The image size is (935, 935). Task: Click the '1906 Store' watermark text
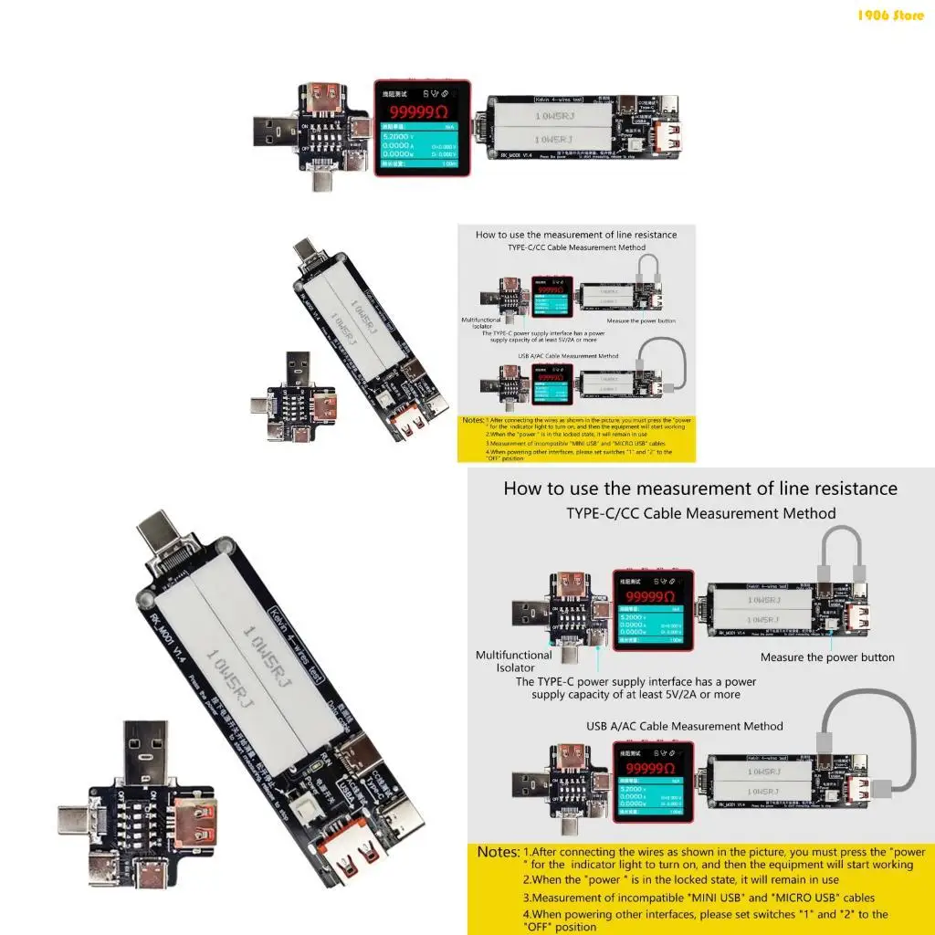891,15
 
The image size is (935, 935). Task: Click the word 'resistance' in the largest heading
840,489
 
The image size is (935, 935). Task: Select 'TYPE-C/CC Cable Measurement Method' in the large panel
701,513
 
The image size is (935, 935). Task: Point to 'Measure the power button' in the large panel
827,657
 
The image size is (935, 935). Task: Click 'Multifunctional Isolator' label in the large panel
514,661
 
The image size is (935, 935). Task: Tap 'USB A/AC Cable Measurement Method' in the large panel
685,726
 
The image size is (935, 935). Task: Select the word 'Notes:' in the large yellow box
499,852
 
